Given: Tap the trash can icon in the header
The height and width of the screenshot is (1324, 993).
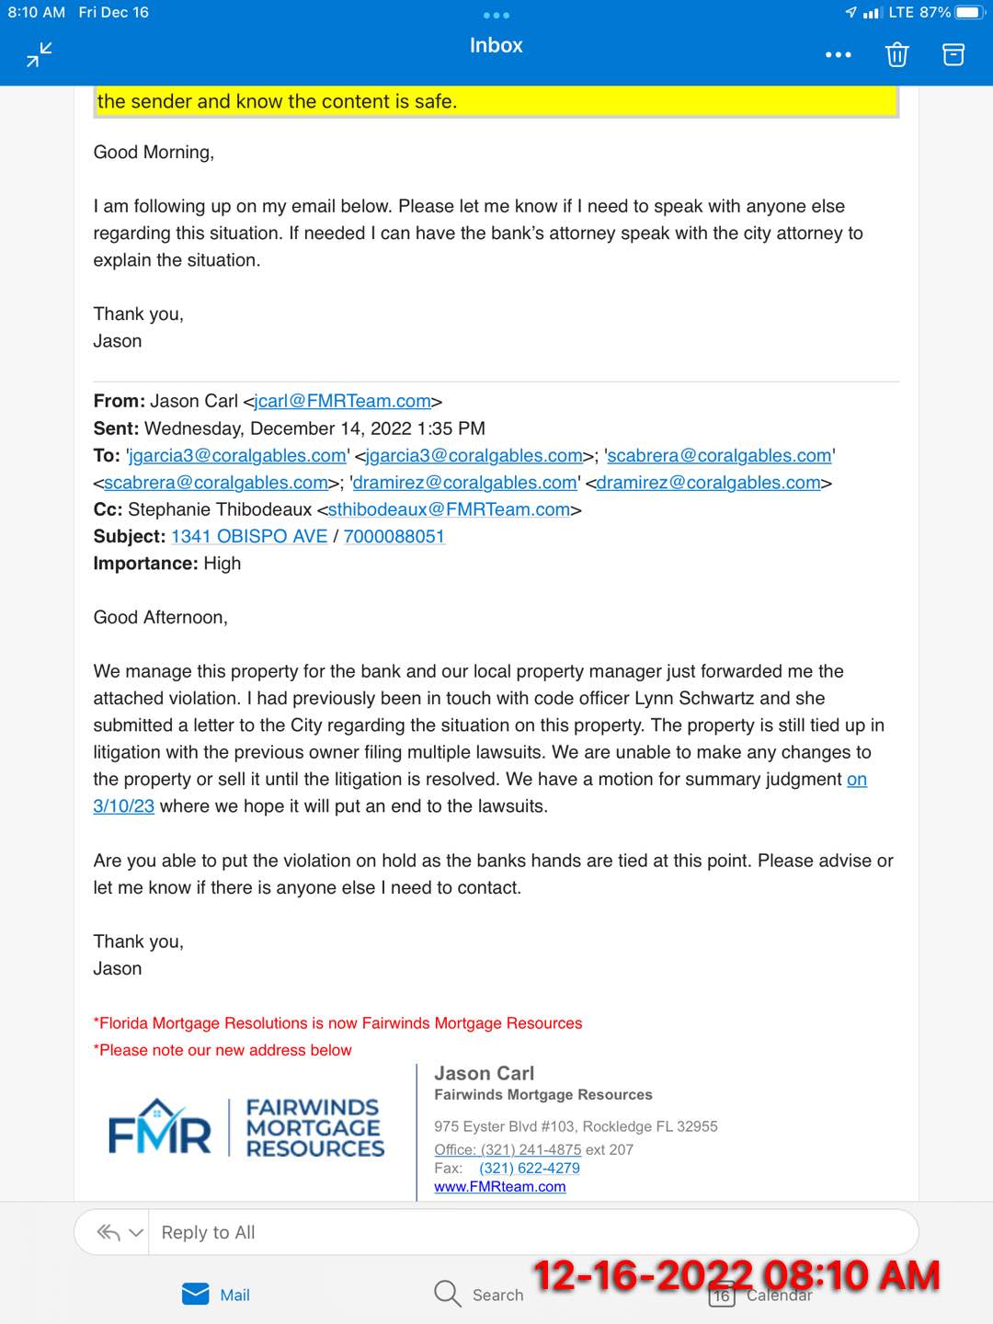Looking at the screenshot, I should (x=896, y=55).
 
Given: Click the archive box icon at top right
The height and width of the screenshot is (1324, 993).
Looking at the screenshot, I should (x=953, y=55).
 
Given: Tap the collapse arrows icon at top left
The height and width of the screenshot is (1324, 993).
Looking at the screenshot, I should (x=40, y=55).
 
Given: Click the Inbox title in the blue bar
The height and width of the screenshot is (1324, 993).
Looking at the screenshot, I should (x=496, y=45).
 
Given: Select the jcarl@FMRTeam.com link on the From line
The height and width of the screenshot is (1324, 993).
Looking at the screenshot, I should (x=343, y=402).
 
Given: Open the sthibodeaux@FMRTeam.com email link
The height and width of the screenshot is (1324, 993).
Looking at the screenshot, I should (x=449, y=509).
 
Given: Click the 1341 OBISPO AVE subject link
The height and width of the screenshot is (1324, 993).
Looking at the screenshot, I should (x=249, y=536).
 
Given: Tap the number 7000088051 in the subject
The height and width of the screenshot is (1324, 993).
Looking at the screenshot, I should (x=394, y=536).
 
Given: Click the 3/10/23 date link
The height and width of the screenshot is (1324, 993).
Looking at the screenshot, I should (x=123, y=806).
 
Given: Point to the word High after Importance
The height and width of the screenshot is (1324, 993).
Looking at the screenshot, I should (x=222, y=564).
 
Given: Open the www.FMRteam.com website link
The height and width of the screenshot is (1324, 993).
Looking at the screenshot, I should (x=499, y=1187).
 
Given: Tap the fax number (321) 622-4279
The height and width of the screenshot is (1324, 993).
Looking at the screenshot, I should (x=529, y=1169).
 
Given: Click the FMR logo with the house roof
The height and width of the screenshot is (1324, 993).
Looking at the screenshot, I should (x=159, y=1127).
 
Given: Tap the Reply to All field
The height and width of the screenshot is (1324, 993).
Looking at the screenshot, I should (x=533, y=1233).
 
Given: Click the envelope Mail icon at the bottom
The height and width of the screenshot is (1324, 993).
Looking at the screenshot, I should (x=196, y=1295).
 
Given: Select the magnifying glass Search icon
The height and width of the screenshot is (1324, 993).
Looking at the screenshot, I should (x=447, y=1294).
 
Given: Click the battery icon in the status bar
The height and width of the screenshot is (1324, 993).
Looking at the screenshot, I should (x=970, y=13).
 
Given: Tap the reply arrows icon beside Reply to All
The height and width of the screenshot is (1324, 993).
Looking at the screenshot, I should (x=109, y=1233).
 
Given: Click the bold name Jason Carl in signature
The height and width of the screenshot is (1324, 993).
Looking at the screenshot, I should (x=484, y=1074).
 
